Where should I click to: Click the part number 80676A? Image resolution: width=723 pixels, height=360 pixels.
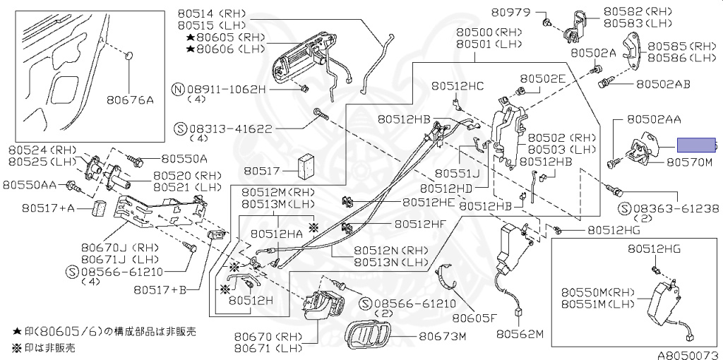pos(131,101)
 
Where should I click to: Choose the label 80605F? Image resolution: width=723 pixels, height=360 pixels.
pos(474,318)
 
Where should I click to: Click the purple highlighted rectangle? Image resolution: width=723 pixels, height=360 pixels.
pos(696,145)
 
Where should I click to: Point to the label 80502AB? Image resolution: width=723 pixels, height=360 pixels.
pos(663,83)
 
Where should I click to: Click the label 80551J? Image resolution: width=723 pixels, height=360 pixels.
pos(457,173)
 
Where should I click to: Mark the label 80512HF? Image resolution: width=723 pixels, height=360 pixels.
pos(420,224)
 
